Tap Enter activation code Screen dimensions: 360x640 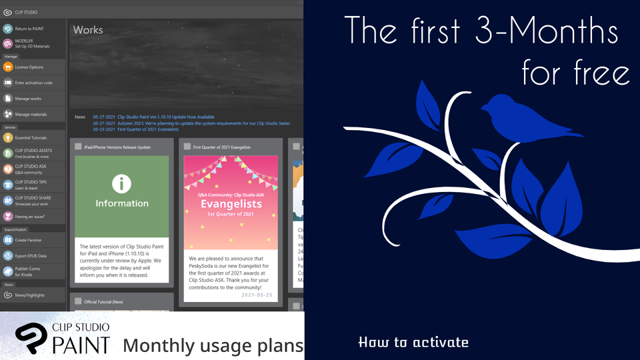coord(33,83)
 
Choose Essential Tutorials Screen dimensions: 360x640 coord(33,138)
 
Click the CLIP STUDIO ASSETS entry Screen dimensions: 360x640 coord(33,153)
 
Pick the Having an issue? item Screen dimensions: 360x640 coord(31,216)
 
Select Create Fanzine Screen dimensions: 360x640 coord(30,239)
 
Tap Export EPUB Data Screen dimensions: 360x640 coord(32,255)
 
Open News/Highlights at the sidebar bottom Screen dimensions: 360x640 coord(30,295)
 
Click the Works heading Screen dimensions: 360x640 coord(88,30)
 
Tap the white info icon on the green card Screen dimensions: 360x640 coord(121,183)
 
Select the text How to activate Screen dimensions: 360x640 coord(413,343)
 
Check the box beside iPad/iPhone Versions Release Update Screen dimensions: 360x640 coord(78,146)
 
